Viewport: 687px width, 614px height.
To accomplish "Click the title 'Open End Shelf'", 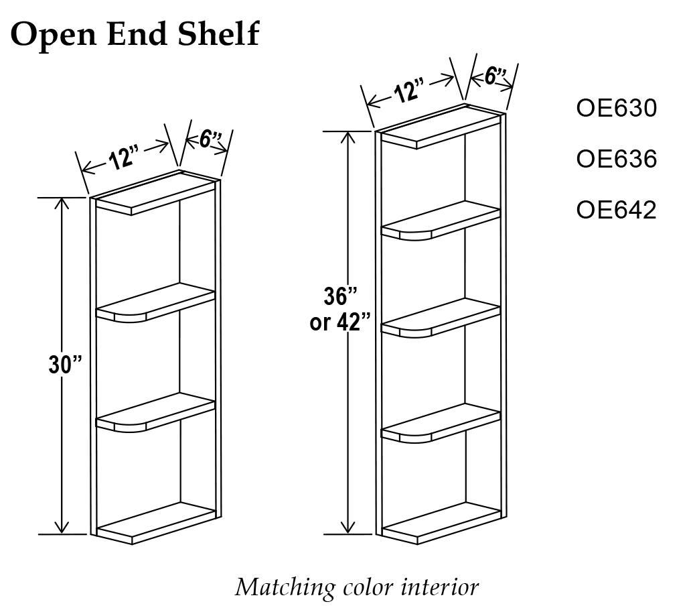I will (x=135, y=33).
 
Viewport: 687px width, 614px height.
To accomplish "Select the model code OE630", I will (x=616, y=109).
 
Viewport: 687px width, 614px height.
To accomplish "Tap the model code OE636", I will (x=616, y=160).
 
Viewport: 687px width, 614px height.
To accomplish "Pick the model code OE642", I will (x=616, y=210).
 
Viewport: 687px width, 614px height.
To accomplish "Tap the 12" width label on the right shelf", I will (x=409, y=90).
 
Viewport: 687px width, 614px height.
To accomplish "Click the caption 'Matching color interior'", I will (x=356, y=587).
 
